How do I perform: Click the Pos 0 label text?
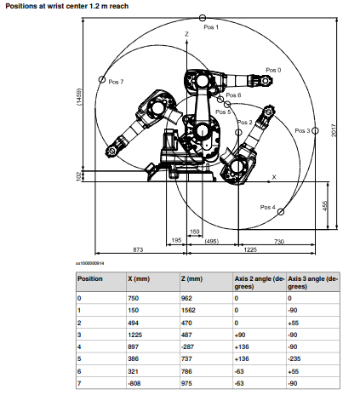(273, 70)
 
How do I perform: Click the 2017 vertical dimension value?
(334, 130)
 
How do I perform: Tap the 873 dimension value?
(138, 249)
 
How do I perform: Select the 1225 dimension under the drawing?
(250, 249)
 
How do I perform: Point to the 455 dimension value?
(325, 206)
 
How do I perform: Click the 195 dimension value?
(176, 240)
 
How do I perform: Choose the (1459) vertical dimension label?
(79, 97)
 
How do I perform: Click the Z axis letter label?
(186, 34)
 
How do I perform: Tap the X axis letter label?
(274, 177)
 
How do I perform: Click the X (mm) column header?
(139, 278)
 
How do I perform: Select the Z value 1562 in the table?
(188, 310)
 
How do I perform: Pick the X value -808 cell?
(134, 383)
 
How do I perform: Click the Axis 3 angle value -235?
(294, 358)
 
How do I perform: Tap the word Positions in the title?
(20, 6)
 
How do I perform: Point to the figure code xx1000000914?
(90, 263)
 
